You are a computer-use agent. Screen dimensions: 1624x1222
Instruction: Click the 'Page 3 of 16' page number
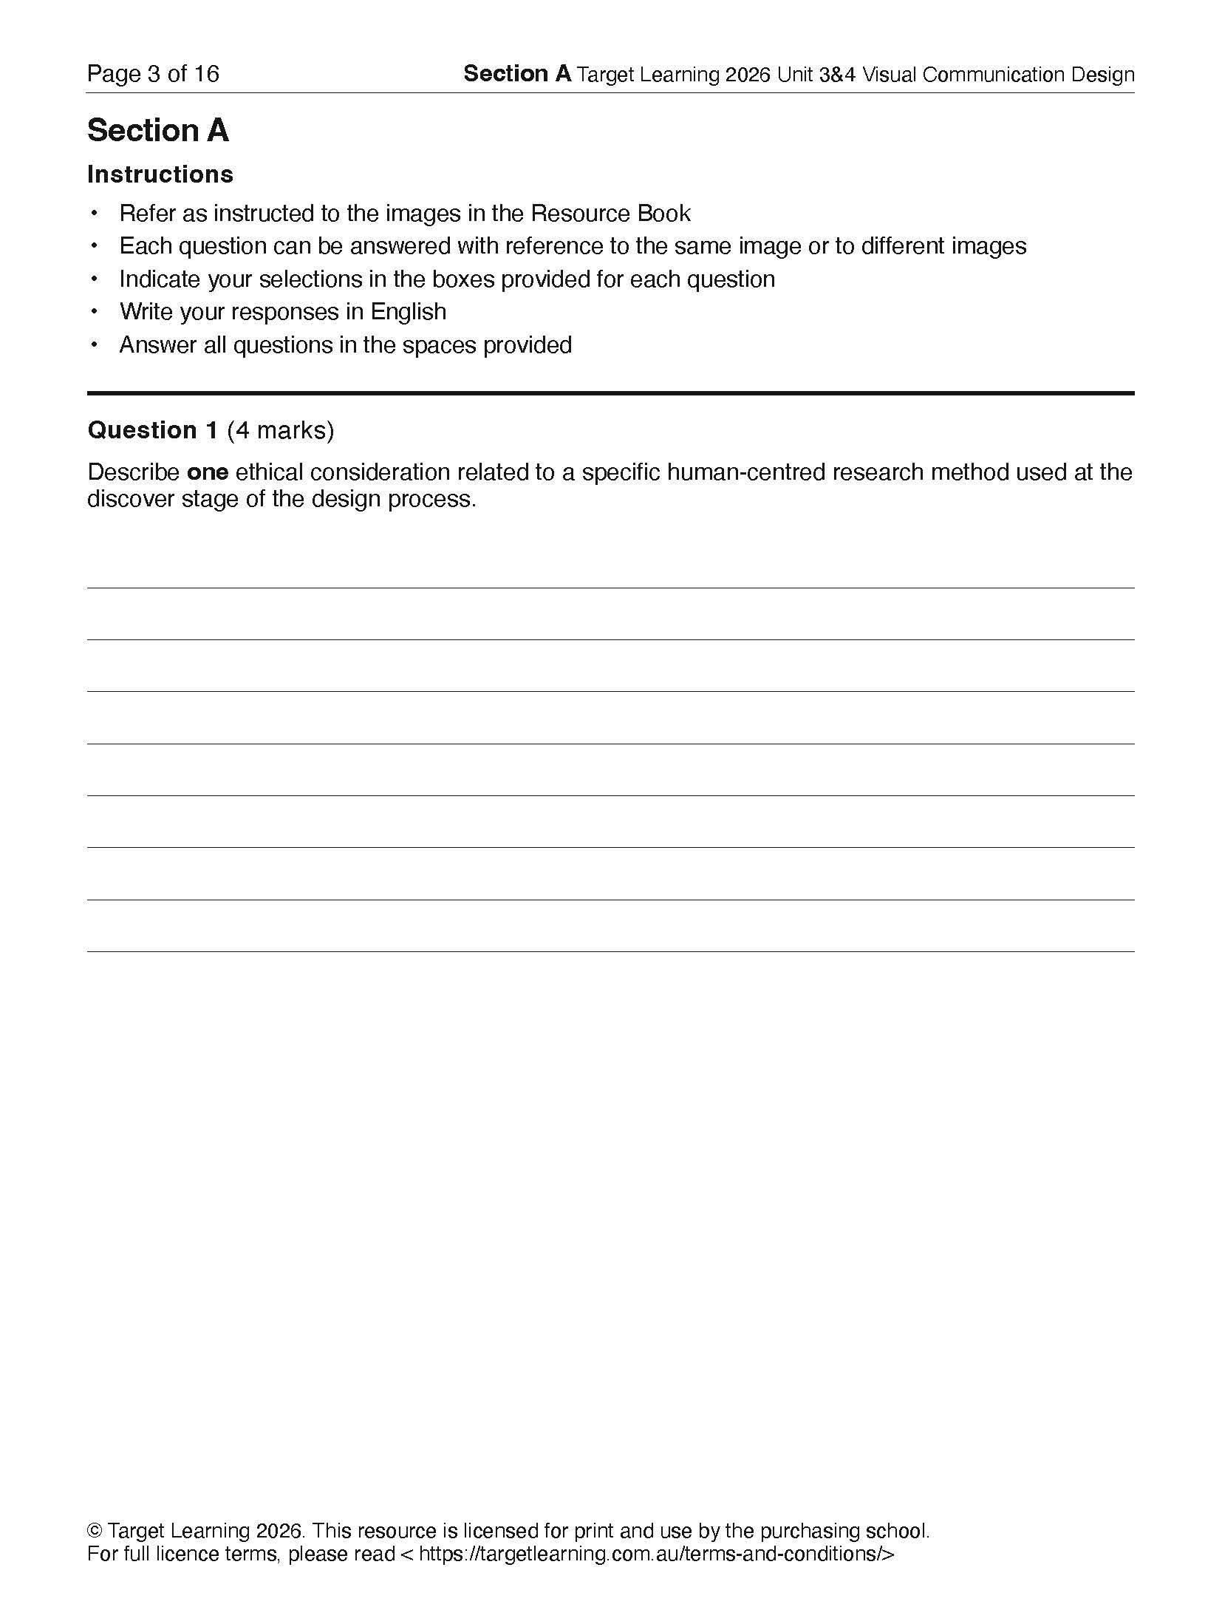(x=153, y=74)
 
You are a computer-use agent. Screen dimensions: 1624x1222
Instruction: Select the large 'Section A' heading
(x=158, y=131)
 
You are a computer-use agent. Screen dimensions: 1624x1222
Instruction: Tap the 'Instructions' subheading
(x=160, y=174)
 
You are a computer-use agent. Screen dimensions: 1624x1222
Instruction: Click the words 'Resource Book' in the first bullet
(x=610, y=214)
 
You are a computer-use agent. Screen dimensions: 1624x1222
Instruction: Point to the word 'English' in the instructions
(x=409, y=312)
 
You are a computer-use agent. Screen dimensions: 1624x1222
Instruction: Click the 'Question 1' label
(x=153, y=430)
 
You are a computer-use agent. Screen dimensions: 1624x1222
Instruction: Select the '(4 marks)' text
(x=281, y=430)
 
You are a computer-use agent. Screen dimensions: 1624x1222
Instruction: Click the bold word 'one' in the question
(x=208, y=472)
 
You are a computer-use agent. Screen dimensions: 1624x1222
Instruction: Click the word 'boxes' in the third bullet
(x=463, y=279)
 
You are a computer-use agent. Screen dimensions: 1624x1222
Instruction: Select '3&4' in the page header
(x=837, y=75)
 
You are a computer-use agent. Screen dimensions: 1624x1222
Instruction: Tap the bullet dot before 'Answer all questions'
(x=94, y=344)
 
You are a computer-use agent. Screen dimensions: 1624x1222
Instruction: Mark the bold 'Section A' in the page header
(x=517, y=74)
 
